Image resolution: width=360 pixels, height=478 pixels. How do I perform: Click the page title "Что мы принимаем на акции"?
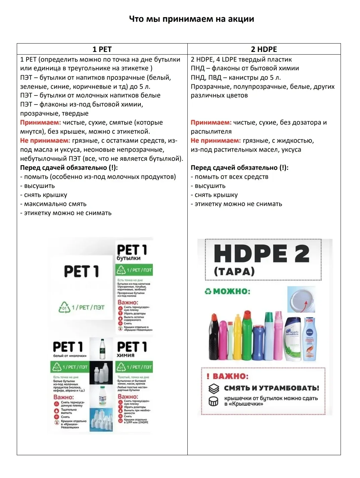[x=191, y=19]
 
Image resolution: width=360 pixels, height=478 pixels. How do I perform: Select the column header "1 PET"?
[x=102, y=49]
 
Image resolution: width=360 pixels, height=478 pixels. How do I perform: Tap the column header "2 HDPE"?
[x=264, y=49]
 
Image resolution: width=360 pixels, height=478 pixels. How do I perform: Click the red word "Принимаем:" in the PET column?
[x=41, y=123]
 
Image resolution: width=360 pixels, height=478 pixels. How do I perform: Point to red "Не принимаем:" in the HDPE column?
[x=216, y=141]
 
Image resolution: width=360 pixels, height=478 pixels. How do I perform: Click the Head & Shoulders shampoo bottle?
[x=292, y=338]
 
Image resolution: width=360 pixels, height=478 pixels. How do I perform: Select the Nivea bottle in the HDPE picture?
[x=309, y=339]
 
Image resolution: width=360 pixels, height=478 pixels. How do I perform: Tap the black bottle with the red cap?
[x=214, y=338]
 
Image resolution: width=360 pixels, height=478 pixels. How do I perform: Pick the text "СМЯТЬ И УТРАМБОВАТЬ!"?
[x=272, y=388]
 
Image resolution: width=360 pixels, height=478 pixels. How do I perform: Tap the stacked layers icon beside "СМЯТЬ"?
[x=214, y=389]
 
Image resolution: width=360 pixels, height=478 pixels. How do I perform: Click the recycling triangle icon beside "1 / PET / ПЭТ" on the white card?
[x=64, y=307]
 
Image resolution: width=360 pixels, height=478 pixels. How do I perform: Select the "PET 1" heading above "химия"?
[x=132, y=347]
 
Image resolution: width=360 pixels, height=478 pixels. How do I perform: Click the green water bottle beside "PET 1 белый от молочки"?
[x=103, y=349]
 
